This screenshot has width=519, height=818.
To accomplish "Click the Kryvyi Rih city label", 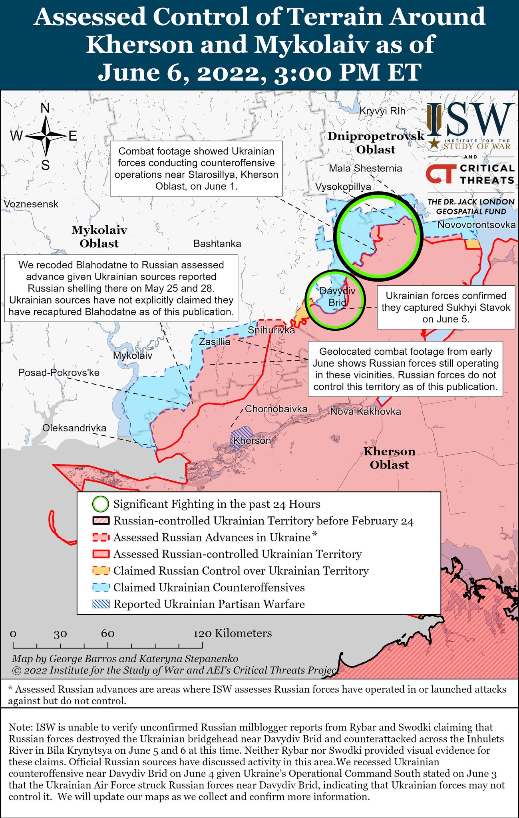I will [382, 111].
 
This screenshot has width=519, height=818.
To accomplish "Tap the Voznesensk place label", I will [31, 204].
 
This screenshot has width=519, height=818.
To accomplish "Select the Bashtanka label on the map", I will [217, 244].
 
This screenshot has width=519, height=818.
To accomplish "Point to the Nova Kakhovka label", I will [365, 411].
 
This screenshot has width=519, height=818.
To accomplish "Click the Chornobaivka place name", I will [276, 409].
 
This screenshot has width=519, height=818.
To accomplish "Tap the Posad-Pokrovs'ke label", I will [59, 373].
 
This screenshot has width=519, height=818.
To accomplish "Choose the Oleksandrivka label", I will [74, 428].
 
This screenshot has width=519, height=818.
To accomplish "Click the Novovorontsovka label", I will [476, 225].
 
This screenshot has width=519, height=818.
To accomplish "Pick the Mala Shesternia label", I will [365, 168].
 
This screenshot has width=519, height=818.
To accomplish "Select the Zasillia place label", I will [215, 342].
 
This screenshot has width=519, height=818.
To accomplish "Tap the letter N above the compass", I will [45, 108].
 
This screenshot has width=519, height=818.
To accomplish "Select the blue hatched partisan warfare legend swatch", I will [101, 604].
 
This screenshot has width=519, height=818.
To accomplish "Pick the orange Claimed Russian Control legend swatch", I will [101, 571].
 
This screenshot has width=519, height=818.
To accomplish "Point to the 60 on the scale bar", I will [107, 633].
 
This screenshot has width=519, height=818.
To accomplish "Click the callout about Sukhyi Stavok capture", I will [445, 307].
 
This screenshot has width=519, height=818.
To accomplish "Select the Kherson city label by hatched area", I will [252, 441].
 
